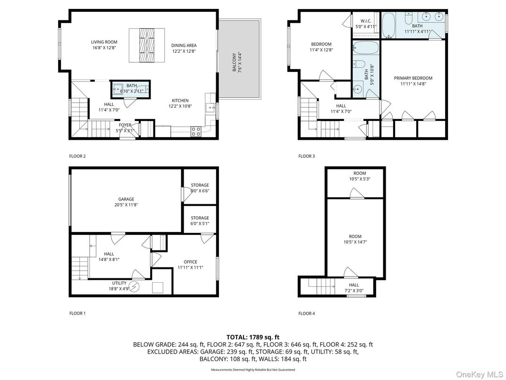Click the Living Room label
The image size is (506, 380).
tap(104, 45)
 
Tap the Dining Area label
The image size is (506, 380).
tap(183, 48)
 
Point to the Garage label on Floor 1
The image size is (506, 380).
tap(126, 202)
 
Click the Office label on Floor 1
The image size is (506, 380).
tap(190, 265)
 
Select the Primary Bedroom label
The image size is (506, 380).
tap(413, 81)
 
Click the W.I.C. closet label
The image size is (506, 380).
tap(366, 24)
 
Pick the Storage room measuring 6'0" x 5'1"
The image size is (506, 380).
tap(200, 221)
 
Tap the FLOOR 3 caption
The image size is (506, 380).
tap(306, 156)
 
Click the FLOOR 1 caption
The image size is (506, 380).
tap(78, 313)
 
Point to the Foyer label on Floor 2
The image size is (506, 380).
tap(125, 128)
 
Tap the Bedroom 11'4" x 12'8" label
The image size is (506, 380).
tap(320, 47)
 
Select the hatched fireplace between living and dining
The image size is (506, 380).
tap(147, 45)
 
